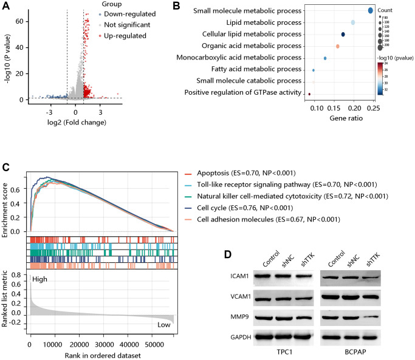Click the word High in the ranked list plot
(x=40, y=280)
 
